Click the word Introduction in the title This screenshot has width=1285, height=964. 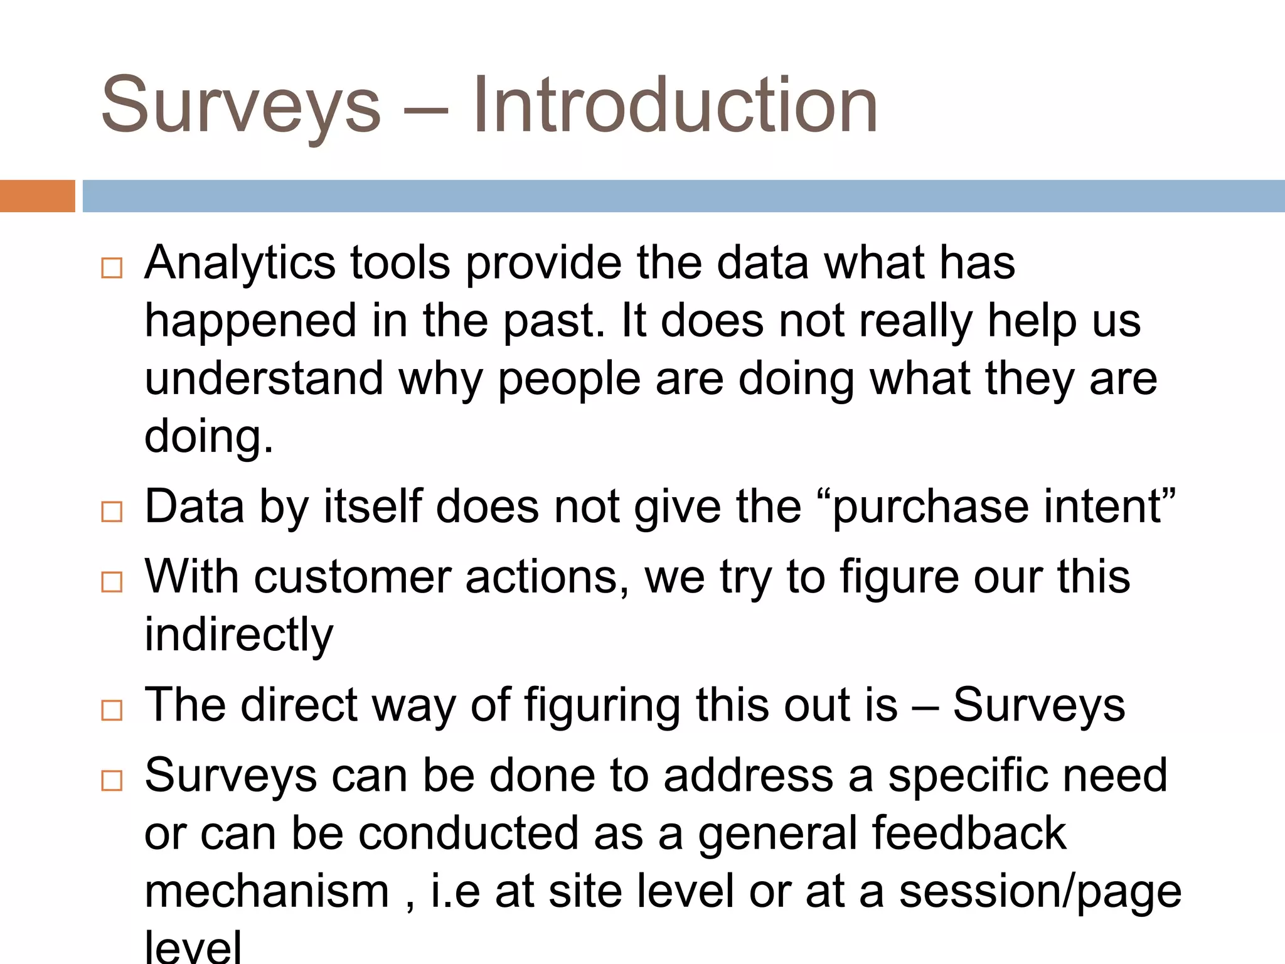pyautogui.click(x=675, y=105)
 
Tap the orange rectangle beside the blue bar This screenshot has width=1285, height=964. pyautogui.click(x=37, y=196)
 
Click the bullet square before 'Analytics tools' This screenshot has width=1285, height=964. pyautogui.click(x=112, y=268)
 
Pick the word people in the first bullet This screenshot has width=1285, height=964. pyautogui.click(x=569, y=380)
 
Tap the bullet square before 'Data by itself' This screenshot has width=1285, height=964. pyautogui.click(x=112, y=511)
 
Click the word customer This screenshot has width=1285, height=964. pyautogui.click(x=353, y=577)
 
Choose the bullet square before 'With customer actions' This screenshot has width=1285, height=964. pyautogui.click(x=112, y=582)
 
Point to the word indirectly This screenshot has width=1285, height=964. pyautogui.click(x=239, y=636)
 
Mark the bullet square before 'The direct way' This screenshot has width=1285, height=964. pyautogui.click(x=112, y=710)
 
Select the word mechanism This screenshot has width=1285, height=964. pyautogui.click(x=267, y=892)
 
